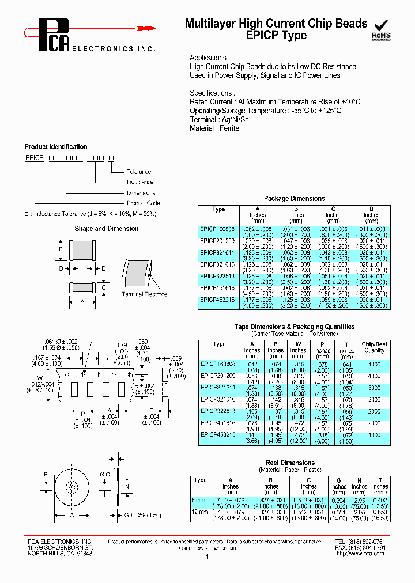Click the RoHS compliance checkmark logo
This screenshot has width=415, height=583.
click(381, 29)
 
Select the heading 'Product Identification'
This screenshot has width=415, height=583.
click(56, 147)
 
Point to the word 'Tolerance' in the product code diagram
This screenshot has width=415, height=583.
click(139, 172)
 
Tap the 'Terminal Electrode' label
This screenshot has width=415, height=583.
click(145, 294)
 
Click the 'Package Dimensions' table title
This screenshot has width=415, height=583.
click(294, 199)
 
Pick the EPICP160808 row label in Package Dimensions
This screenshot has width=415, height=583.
click(217, 229)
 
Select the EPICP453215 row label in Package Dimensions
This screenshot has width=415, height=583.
click(217, 300)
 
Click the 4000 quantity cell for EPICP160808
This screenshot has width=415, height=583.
click(374, 365)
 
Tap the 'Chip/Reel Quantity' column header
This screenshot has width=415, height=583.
click(374, 347)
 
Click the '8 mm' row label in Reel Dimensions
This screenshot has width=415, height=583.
click(200, 500)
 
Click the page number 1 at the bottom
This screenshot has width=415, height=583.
click(206, 558)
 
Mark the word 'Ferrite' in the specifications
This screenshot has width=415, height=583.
click(229, 128)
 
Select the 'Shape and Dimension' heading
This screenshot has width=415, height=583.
click(107, 229)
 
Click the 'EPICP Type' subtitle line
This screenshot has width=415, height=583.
click(276, 36)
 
